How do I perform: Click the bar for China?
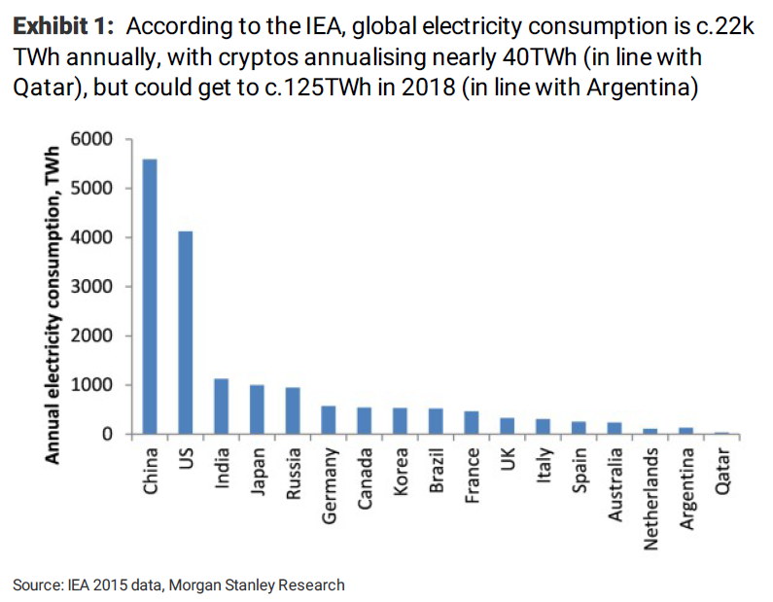150,297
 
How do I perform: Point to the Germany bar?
329,420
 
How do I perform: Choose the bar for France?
472,423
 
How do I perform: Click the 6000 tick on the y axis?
98,139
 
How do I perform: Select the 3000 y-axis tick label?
98,287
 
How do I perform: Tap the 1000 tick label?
98,385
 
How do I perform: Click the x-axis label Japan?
258,471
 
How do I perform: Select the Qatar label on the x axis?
721,471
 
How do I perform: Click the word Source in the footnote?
37,584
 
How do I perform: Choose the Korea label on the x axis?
401,471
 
